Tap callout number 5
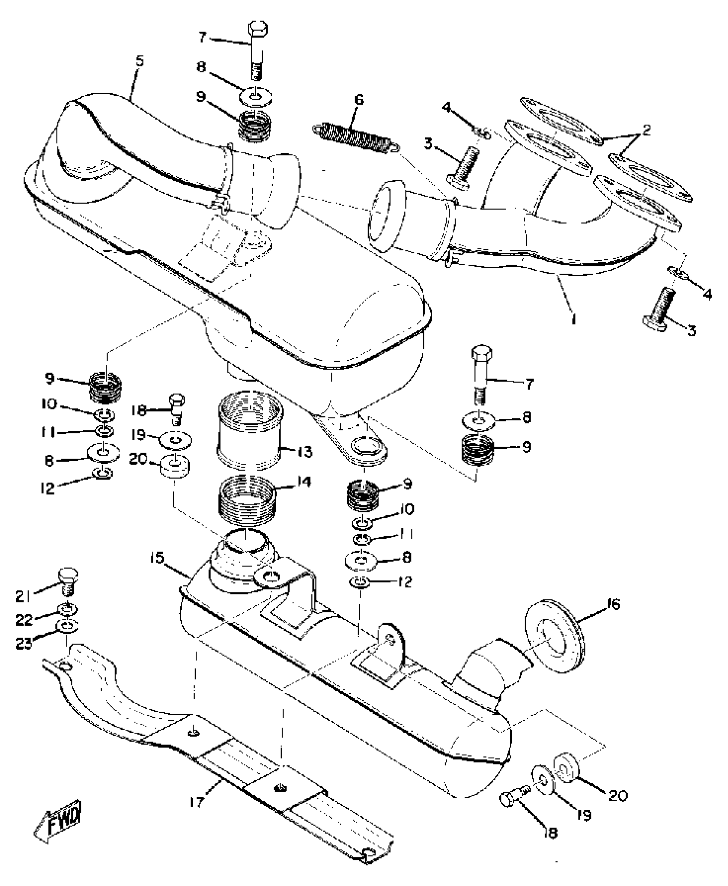click(139, 61)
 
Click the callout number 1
click(574, 319)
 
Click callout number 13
click(305, 452)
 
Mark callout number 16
click(613, 605)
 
